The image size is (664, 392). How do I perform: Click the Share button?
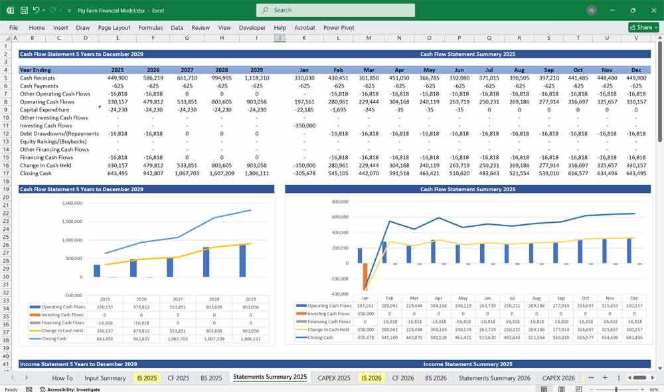point(641,27)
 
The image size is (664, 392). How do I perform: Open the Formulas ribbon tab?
point(150,28)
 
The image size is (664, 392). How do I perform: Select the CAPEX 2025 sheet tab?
point(334,377)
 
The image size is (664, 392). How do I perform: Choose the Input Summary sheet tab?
point(105,377)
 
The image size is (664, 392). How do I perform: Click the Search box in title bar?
point(335,10)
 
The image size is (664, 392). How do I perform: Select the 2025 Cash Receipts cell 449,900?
point(118,78)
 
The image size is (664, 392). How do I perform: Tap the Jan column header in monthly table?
point(304,70)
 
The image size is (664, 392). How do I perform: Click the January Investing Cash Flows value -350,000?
point(304,125)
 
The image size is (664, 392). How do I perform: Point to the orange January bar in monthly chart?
point(365,276)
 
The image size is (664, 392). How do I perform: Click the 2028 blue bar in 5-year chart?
point(206,262)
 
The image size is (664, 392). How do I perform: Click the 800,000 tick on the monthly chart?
point(339,201)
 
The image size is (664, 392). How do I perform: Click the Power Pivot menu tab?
point(339,28)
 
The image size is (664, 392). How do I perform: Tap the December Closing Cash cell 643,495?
point(635,173)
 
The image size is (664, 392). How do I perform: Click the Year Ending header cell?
point(35,70)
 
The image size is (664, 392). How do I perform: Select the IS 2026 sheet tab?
point(371,377)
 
